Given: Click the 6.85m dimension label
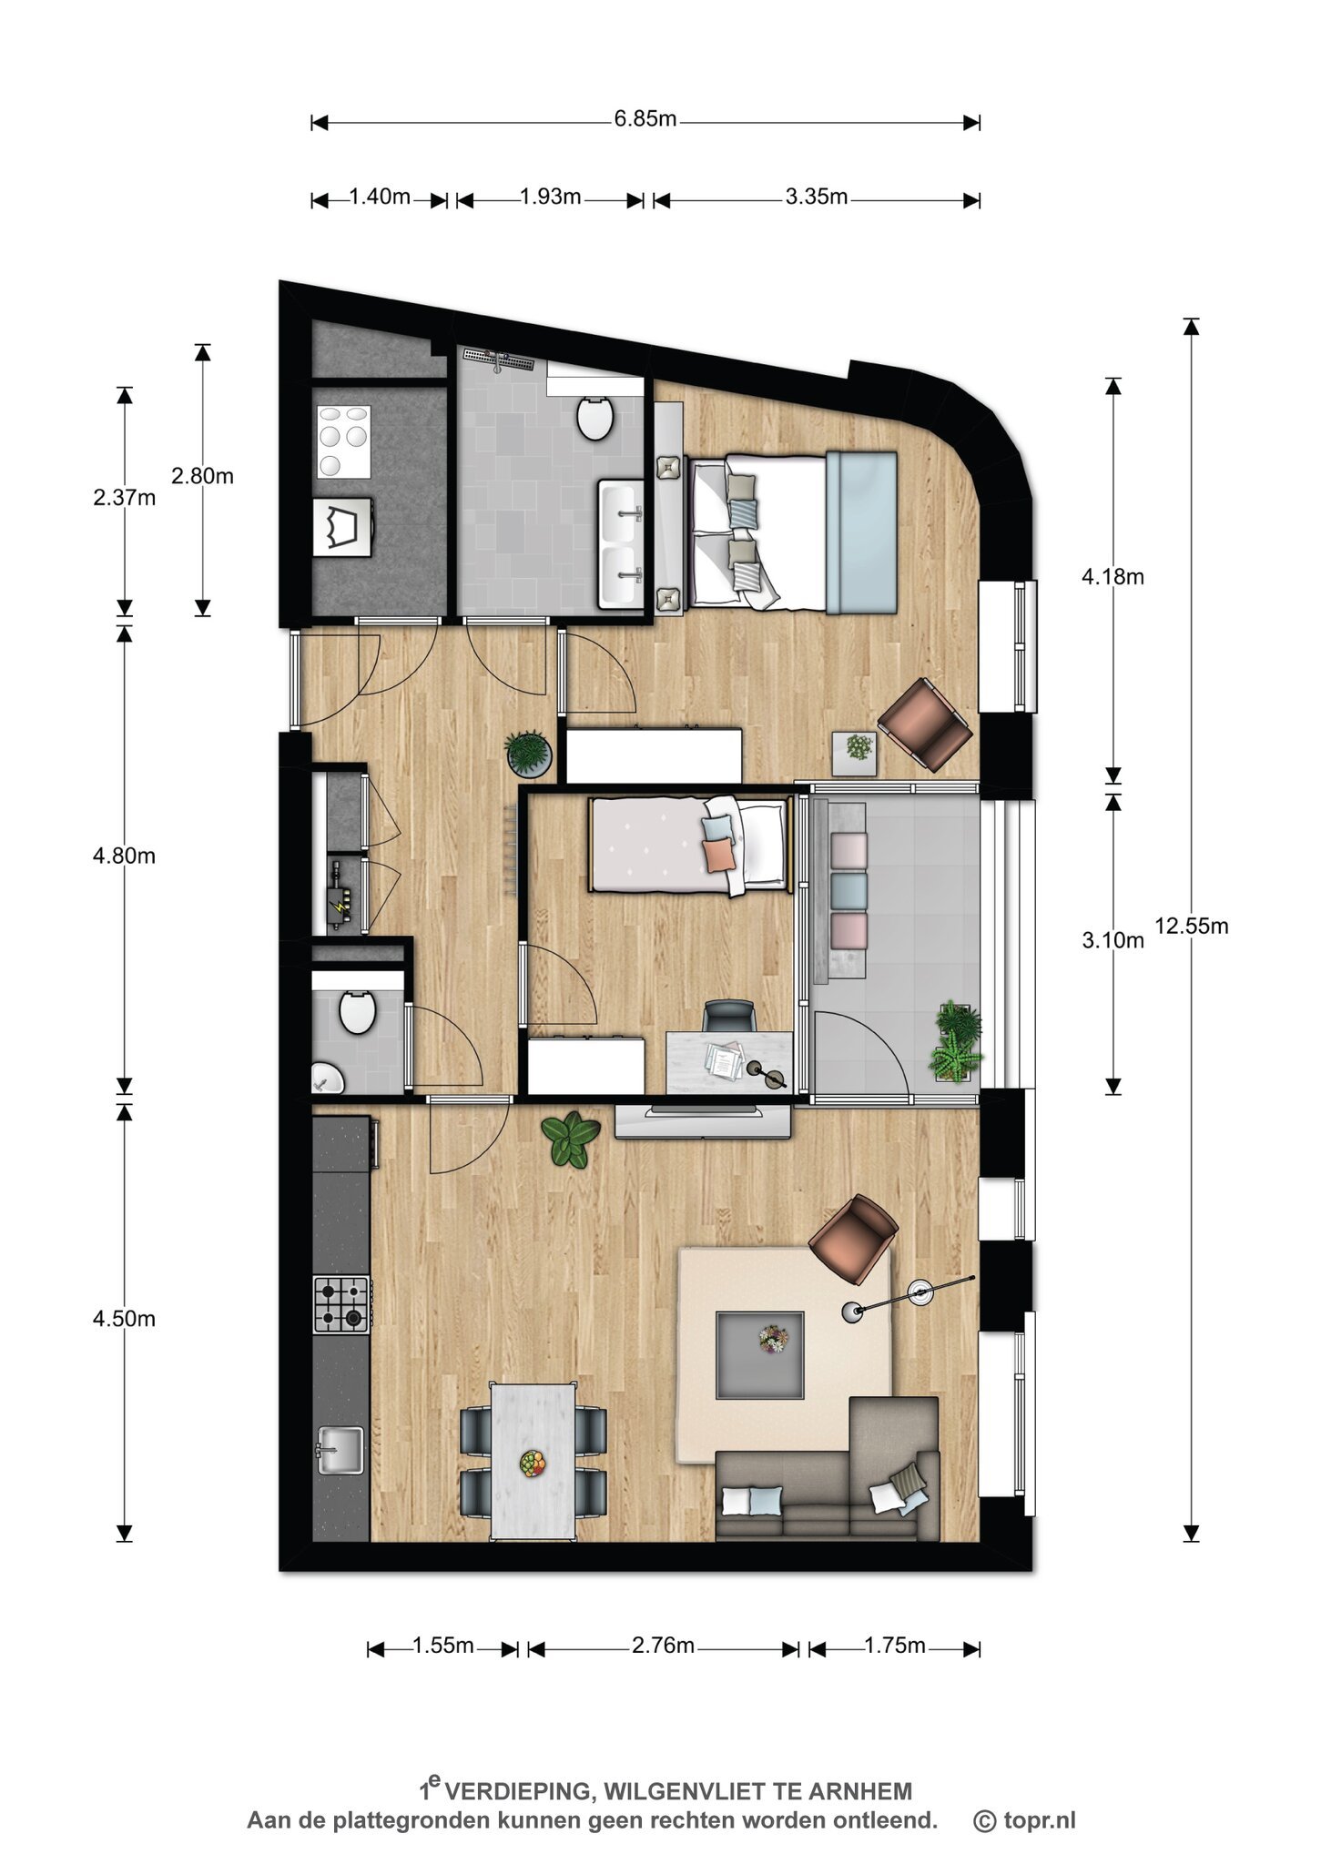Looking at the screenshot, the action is tap(645, 119).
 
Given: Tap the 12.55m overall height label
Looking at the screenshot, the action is tap(1192, 927).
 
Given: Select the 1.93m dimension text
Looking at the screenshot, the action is tap(550, 197).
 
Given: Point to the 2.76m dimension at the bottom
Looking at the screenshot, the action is tap(664, 1646).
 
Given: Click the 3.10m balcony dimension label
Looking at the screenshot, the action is tap(1113, 941).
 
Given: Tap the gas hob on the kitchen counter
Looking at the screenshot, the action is tap(341, 1304).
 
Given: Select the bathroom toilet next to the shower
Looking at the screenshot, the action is tap(595, 418).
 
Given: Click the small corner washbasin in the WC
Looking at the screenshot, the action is tap(326, 1078).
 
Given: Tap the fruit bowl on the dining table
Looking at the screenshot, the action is tap(533, 1464).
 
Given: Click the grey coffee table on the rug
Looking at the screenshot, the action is tap(760, 1354).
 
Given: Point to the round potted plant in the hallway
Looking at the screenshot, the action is tap(529, 754).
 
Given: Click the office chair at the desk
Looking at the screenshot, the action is tap(730, 1015).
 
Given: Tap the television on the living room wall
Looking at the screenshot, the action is tap(702, 1119).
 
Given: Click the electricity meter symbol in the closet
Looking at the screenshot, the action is tap(340, 906).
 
